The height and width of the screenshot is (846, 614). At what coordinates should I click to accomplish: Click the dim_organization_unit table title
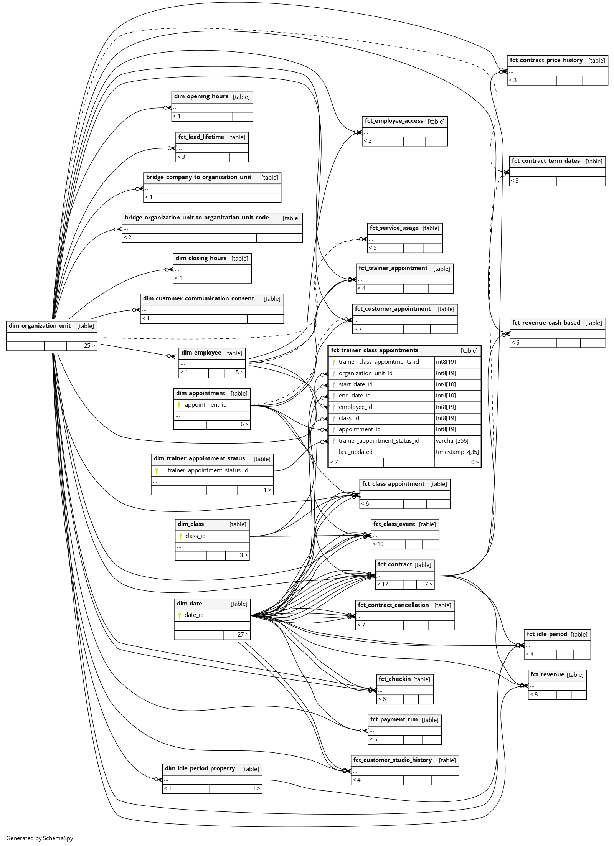pos(40,326)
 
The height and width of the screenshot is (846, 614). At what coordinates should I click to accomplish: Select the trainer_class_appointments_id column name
pos(378,362)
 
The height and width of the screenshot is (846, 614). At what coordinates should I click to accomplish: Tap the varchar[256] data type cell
pos(452,441)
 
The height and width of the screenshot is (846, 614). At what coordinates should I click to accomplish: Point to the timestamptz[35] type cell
pos(457,452)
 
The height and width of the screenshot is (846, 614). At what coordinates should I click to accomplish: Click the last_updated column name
pos(355,452)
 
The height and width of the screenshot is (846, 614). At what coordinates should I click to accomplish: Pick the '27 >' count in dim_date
pos(243,635)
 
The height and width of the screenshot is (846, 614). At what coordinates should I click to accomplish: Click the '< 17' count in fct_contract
pos(383,584)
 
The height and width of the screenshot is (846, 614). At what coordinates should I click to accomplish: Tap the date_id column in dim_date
pos(194,615)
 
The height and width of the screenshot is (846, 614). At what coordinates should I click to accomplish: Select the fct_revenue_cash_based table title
pos(546,323)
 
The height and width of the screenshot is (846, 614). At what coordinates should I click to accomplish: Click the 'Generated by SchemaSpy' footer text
pos(40,838)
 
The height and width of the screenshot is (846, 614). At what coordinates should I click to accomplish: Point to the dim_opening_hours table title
pos(201,96)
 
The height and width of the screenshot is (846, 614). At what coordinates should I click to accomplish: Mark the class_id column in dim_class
pos(195,536)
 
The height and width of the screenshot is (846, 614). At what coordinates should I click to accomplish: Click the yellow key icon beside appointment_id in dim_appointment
pos(179,405)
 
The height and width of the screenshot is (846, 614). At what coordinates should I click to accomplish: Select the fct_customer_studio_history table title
pos(392,760)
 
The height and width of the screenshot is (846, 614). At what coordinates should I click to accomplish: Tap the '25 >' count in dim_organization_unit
pos(89,346)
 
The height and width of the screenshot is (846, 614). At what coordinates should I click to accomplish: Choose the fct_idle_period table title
pos(546,634)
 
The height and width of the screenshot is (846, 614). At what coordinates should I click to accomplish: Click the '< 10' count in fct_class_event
pos(378,544)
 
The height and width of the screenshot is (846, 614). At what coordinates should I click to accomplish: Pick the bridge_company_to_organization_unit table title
pos(198,177)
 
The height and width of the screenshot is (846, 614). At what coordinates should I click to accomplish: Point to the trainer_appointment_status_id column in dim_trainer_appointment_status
pos(208,470)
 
